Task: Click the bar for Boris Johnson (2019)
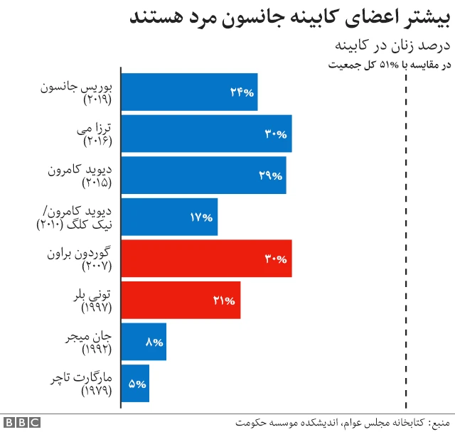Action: point(189,92)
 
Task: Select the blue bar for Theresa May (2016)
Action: point(206,134)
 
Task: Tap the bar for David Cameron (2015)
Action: point(203,175)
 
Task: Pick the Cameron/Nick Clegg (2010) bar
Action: point(169,217)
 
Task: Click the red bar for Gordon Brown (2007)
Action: point(206,259)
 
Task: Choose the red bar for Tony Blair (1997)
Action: point(181,301)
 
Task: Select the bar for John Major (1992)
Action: point(144,342)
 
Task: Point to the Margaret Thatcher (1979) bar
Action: point(135,384)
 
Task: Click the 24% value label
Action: point(242,92)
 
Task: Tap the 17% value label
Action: point(202,217)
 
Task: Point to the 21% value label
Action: point(224,301)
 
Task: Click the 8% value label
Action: point(154,342)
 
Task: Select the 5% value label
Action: point(137,384)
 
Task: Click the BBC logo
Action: point(21,422)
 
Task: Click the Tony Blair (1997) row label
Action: point(97,301)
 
